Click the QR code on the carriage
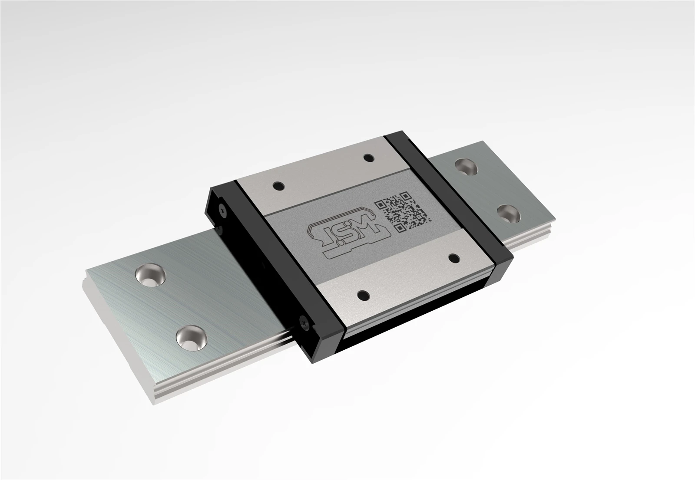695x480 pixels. (x=403, y=211)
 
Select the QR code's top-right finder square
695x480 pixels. (x=406, y=196)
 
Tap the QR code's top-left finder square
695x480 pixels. (x=380, y=205)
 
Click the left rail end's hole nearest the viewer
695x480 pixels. (x=192, y=338)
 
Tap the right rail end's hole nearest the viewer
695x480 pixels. (x=509, y=213)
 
